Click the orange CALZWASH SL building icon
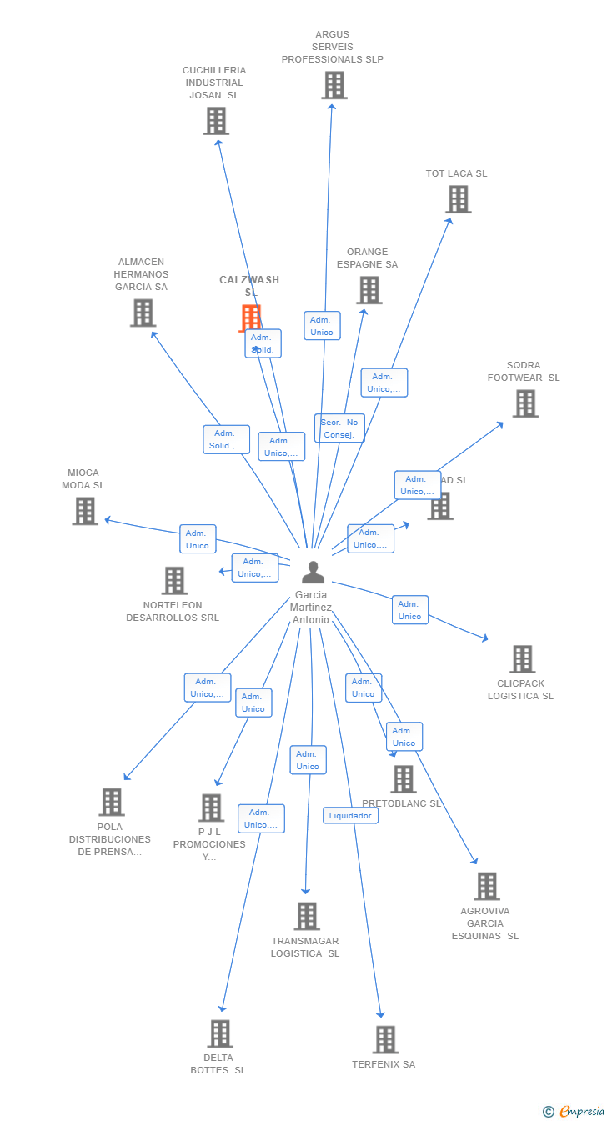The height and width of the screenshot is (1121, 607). pyautogui.click(x=250, y=318)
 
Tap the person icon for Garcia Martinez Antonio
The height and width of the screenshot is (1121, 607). pyautogui.click(x=313, y=573)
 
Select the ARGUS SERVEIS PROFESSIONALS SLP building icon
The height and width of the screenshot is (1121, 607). pyautogui.click(x=334, y=85)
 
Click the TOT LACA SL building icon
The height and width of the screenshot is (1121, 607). pyautogui.click(x=458, y=199)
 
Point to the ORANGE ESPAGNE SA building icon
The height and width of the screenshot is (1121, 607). pyautogui.click(x=369, y=290)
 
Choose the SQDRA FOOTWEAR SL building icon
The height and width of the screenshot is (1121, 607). pyautogui.click(x=524, y=403)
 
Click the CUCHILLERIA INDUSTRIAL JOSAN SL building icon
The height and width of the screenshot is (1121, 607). pyautogui.click(x=215, y=121)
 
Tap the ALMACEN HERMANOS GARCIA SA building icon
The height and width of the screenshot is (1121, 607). pyautogui.click(x=143, y=313)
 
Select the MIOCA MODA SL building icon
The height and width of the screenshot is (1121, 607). pyautogui.click(x=85, y=511)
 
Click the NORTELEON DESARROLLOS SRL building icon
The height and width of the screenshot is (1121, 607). pyautogui.click(x=174, y=581)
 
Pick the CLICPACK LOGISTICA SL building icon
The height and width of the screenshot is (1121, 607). pyautogui.click(x=522, y=659)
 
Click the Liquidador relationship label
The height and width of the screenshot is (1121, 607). pyautogui.click(x=350, y=816)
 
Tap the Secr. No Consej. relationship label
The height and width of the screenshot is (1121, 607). pyautogui.click(x=339, y=428)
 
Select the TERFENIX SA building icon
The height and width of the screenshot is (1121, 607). pyautogui.click(x=384, y=1039)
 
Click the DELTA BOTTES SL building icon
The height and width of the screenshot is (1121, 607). pyautogui.click(x=219, y=1033)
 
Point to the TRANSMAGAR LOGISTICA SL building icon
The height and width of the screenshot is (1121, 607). pyautogui.click(x=306, y=916)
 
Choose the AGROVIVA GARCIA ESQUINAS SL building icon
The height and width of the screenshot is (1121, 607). pyautogui.click(x=486, y=886)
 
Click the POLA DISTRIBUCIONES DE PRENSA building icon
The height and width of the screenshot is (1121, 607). pyautogui.click(x=111, y=802)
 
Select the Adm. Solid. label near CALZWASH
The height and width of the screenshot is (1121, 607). pyautogui.click(x=263, y=343)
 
